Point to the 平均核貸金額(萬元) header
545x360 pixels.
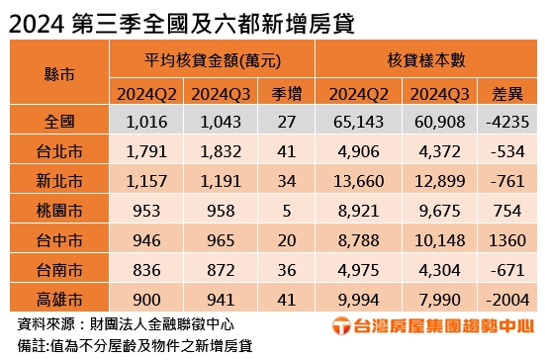click(x=212, y=60)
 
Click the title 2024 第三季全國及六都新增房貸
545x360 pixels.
click(x=183, y=21)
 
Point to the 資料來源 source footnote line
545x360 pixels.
click(x=124, y=322)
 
